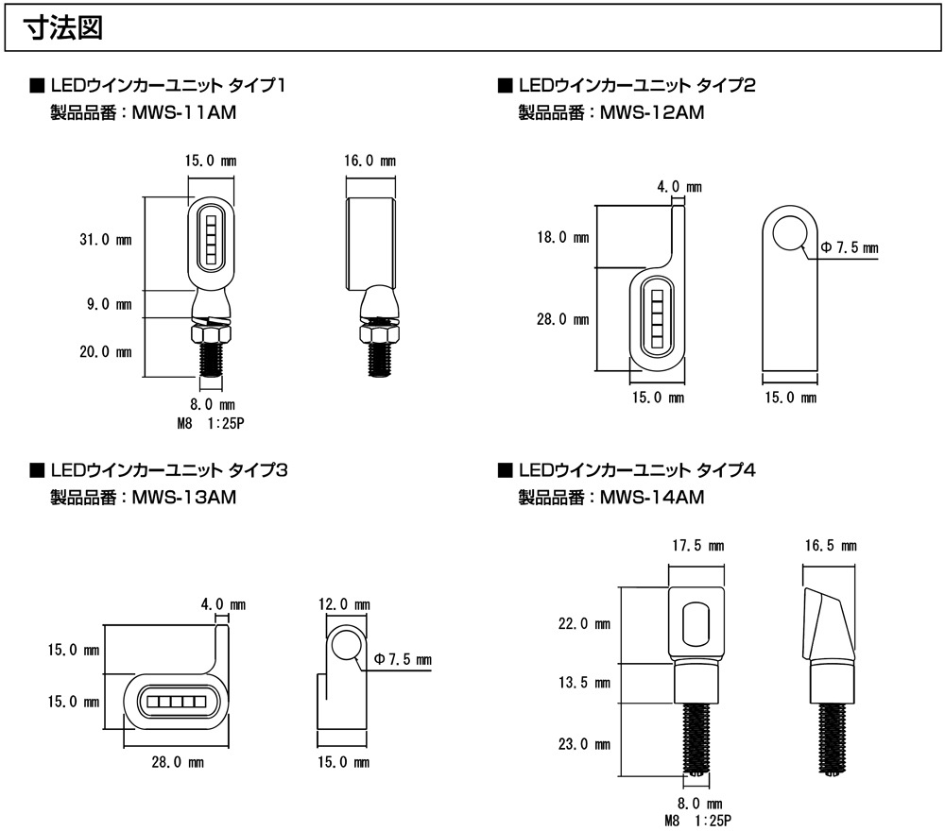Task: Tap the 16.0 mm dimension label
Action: pos(369,161)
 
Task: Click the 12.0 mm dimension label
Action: pos(344,604)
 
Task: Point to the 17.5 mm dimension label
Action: pos(697,546)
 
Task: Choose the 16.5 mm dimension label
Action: pos(831,546)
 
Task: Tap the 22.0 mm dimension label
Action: pos(584,624)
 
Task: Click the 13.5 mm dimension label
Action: pos(584,682)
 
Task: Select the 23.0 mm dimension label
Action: pos(584,743)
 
